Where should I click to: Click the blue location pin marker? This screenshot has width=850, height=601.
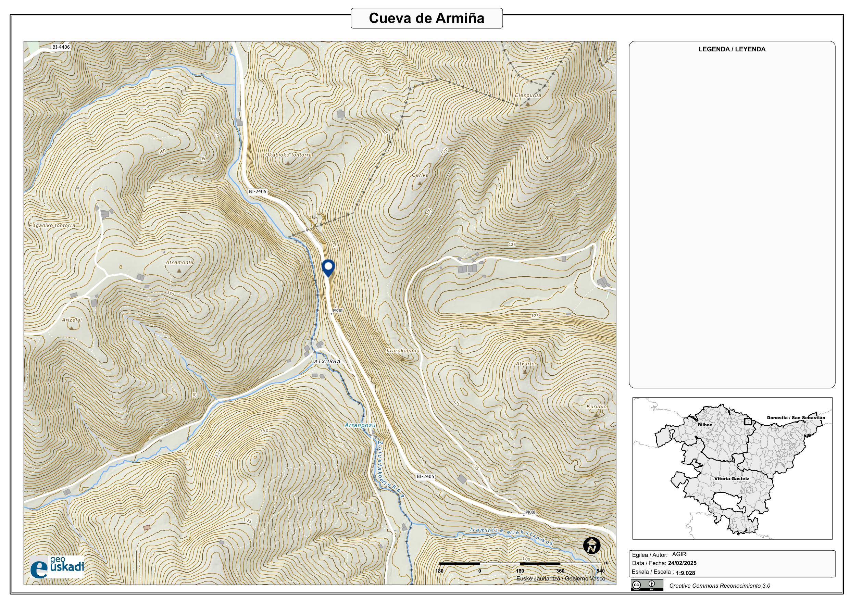coord(328,267)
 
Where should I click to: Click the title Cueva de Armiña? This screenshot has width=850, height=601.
coord(426,18)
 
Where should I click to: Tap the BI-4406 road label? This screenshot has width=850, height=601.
coord(61,47)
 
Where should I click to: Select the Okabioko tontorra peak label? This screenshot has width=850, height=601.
coord(288,155)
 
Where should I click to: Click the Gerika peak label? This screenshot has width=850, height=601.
coord(420,175)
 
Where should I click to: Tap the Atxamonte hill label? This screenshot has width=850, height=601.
coord(179,262)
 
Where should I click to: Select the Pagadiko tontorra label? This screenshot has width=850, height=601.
coord(52,225)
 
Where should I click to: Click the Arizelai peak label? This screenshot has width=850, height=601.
coord(72,320)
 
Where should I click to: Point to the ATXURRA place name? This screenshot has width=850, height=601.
coord(327,361)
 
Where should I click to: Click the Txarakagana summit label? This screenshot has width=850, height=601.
coord(402,350)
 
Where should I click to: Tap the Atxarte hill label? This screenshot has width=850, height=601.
coord(525,364)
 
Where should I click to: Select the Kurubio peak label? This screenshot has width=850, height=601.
coord(597,406)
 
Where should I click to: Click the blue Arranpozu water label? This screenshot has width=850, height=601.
coord(360,425)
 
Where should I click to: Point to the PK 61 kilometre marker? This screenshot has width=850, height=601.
coord(337,311)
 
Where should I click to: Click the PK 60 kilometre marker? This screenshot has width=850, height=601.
coord(530,512)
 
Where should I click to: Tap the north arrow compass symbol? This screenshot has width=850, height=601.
coord(591,546)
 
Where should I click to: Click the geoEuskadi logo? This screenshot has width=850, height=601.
coord(57,566)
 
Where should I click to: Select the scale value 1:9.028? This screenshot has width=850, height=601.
coord(685,573)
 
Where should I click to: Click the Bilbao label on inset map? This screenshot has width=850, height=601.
coord(704,425)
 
